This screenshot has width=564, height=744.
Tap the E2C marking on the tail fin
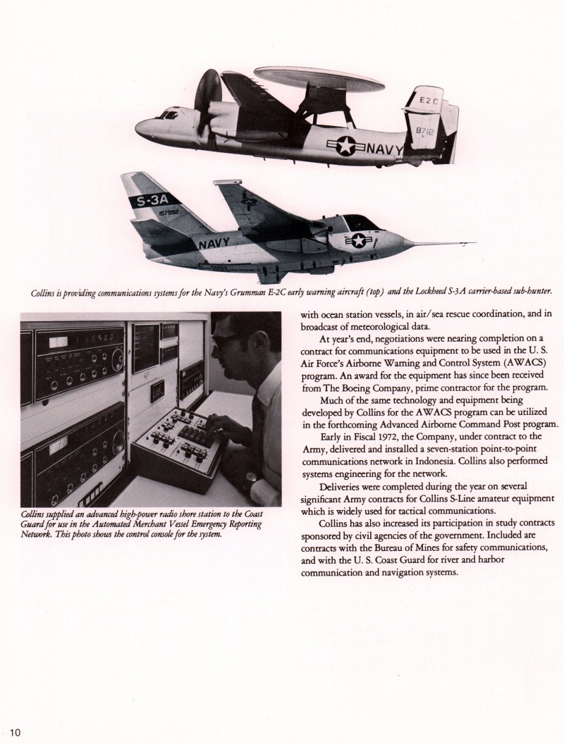tap(429, 100)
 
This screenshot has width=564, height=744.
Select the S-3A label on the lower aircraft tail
tap(149, 202)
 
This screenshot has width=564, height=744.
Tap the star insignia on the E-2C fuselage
tap(346, 145)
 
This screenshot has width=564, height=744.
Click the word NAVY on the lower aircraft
tap(215, 244)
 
